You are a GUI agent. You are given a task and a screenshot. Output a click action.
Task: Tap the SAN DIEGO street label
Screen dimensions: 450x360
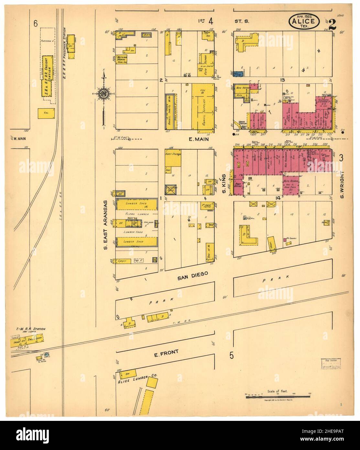point(192,274)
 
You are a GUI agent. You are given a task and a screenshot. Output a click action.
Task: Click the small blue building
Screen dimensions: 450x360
point(239,74)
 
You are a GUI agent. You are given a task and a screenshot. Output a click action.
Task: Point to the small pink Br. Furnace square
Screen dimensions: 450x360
point(285,240)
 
